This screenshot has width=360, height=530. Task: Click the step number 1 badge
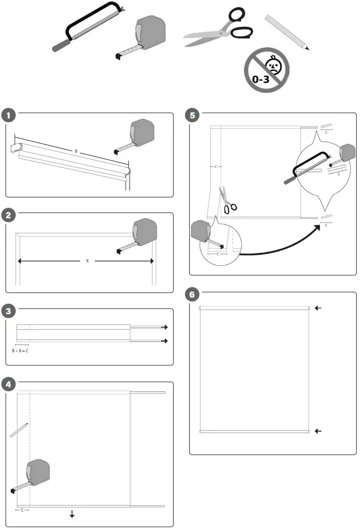tap(8, 115)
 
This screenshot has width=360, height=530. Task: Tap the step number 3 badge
tap(8, 311)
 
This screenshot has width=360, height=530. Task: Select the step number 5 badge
tap(192, 115)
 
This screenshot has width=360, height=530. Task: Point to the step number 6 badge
tap(192, 295)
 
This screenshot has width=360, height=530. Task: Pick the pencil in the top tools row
tap(287, 32)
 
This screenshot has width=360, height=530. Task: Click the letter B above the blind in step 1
tap(76, 151)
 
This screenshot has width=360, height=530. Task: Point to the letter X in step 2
tap(87, 261)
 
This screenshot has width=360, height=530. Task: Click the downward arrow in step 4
tap(72, 514)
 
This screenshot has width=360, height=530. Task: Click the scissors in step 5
tap(228, 201)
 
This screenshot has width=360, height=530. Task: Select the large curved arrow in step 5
tap(282, 245)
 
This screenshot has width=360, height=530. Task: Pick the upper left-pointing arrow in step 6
tap(318, 308)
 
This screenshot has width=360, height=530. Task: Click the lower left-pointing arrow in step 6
tap(318, 431)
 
